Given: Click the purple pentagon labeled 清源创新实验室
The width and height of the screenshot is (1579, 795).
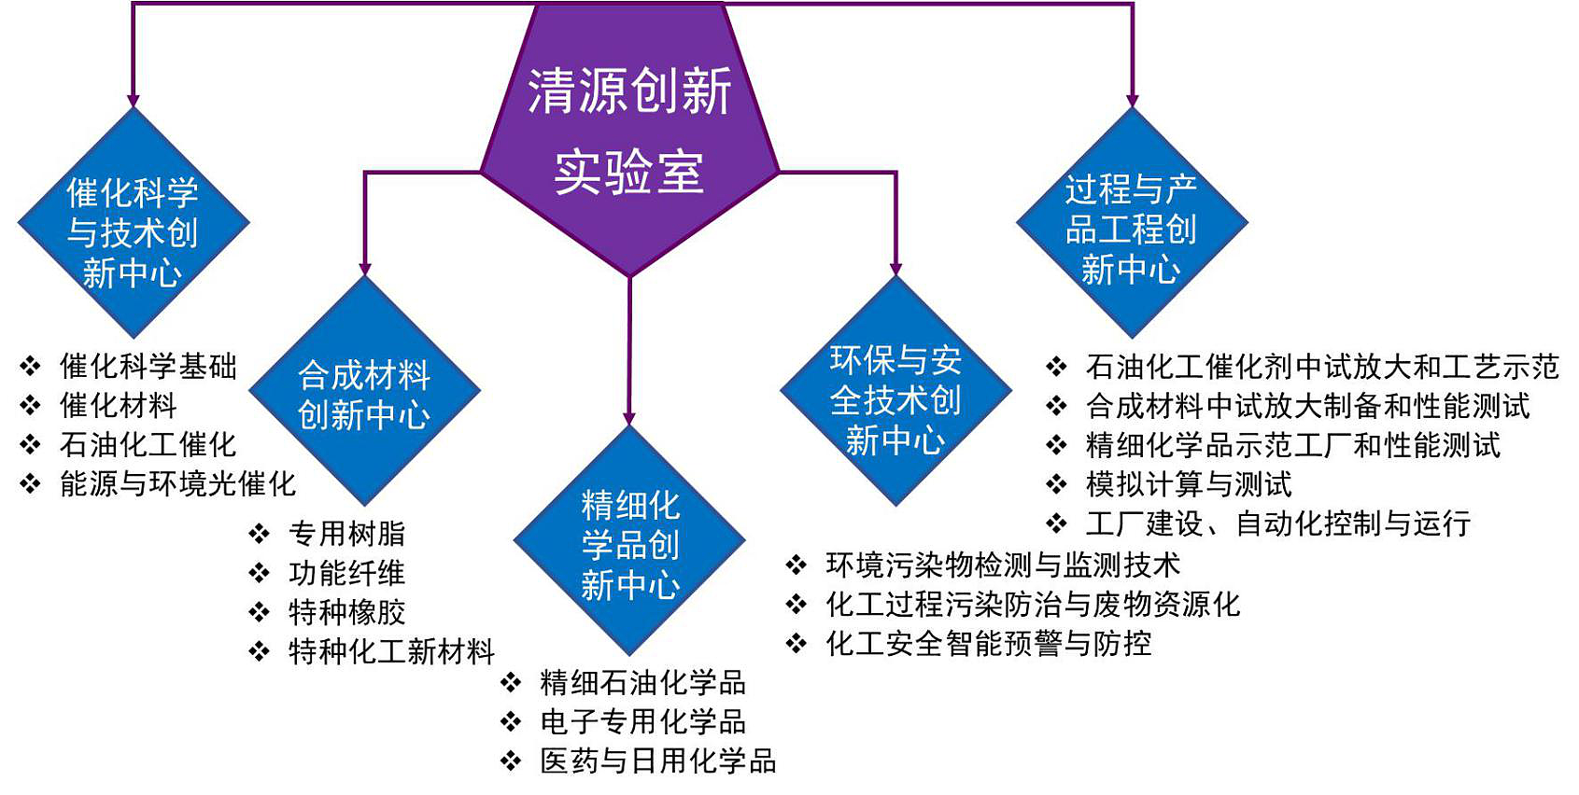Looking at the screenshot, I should (x=629, y=131).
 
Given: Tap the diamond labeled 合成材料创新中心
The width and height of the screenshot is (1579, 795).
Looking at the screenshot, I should (x=364, y=392).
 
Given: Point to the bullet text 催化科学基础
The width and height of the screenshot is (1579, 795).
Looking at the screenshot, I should (x=148, y=367).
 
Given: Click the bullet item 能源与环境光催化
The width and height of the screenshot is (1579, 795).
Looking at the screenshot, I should (x=177, y=483).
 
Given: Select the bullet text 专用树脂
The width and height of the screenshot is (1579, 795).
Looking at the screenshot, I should (x=346, y=534).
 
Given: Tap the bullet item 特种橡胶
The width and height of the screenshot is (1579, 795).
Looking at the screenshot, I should (x=346, y=612).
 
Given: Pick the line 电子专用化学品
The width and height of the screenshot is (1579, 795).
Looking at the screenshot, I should (x=642, y=721).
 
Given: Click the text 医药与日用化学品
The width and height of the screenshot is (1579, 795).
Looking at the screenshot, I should (x=657, y=760).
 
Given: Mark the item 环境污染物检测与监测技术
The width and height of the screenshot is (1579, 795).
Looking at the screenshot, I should (x=1002, y=565).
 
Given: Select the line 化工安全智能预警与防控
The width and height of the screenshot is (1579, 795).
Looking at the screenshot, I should (x=988, y=643).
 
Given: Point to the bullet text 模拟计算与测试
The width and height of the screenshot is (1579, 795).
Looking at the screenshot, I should (x=1189, y=484).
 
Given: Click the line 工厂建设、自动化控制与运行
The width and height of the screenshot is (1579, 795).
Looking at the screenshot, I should (x=1277, y=523).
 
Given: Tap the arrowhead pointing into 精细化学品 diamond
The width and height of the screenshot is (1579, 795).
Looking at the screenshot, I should (x=629, y=418).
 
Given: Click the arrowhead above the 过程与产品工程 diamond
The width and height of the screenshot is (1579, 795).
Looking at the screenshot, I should (x=1132, y=100).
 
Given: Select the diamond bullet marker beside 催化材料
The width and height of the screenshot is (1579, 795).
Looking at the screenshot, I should (x=31, y=406).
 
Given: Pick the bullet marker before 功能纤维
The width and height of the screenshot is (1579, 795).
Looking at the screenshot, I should (x=260, y=573).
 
